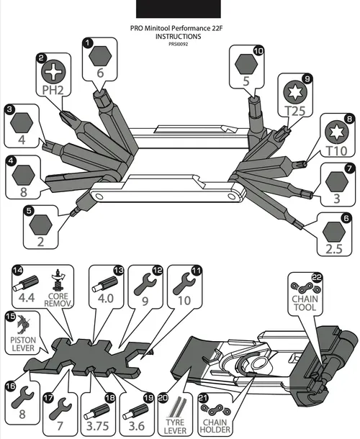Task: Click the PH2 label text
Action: [x=53, y=90]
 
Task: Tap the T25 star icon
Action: [x=295, y=92]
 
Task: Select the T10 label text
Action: [x=337, y=151]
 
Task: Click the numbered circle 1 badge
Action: [x=88, y=43]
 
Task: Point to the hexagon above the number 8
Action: [x=24, y=175]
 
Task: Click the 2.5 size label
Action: [x=334, y=248]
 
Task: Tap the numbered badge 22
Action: [x=317, y=278]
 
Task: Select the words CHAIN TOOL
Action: [x=305, y=303]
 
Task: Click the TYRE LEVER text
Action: [x=175, y=426]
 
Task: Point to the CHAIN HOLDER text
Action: [x=215, y=426]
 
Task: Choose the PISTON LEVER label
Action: [x=23, y=344]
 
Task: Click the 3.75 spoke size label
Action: [x=97, y=426]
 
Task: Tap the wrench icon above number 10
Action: [x=184, y=284]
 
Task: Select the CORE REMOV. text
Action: [x=58, y=299]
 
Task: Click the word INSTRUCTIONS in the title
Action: [x=178, y=37]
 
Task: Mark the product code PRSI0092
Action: [x=178, y=44]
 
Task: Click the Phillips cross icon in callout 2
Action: [x=53, y=71]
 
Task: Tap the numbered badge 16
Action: [x=10, y=386]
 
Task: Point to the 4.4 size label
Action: [x=27, y=297]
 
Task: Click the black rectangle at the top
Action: [x=178, y=9]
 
